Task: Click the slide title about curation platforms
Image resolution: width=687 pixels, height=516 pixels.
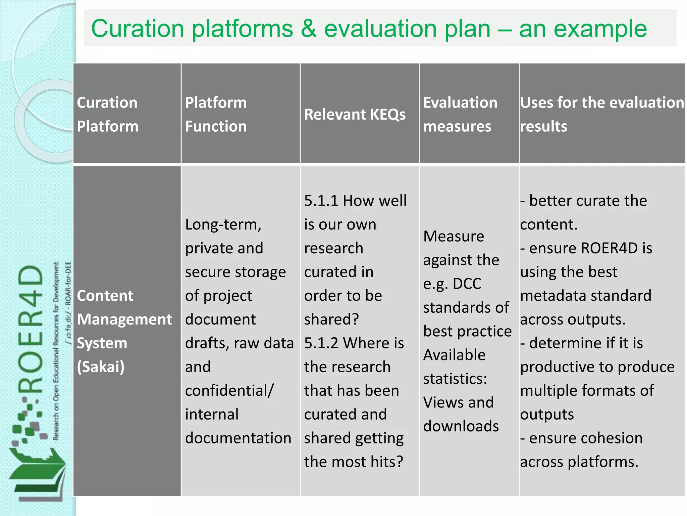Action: pos(369,29)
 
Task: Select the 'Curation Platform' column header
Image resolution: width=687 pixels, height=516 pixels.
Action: pos(107,114)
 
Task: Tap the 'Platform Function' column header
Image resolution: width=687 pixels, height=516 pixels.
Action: pos(216,114)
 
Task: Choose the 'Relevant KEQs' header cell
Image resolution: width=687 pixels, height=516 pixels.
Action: pos(355,115)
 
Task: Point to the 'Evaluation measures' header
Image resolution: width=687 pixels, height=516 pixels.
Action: pos(460,114)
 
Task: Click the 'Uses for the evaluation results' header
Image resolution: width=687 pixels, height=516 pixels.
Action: pos(602,114)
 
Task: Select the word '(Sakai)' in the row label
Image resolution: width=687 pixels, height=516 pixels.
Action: pos(101,367)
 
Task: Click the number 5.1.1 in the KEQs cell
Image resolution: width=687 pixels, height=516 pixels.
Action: pos(321,201)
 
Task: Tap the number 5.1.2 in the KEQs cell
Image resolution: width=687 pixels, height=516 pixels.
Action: pos(321,343)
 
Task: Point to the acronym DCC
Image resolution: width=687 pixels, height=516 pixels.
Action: pos(467,284)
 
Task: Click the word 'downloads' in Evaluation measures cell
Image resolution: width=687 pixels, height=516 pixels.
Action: pos(461,426)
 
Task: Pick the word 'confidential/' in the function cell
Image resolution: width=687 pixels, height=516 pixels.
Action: pos(229,391)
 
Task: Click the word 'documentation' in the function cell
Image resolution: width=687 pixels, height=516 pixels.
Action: pos(238,438)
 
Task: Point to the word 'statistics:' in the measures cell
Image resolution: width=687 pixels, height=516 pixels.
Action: pos(455,379)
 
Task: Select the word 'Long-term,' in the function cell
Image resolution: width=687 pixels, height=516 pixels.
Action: pos(223,225)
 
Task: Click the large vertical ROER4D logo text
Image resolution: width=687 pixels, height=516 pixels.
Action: pos(31,329)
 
